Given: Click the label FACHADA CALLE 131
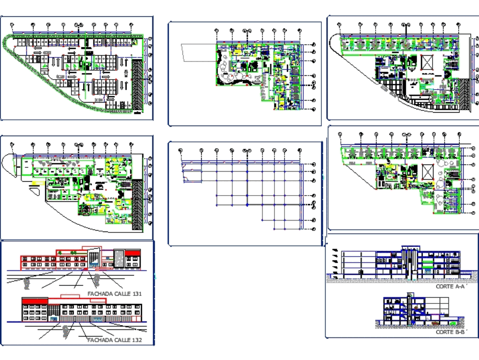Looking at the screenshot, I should pyautogui.click(x=114, y=293).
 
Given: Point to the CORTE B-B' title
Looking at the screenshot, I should pyautogui.click(x=450, y=332).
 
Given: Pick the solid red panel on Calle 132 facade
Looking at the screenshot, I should pyautogui.click(x=35, y=300).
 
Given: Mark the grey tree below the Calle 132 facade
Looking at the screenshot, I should pyautogui.click(x=65, y=329).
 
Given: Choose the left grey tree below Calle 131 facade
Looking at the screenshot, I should pyautogui.click(x=26, y=283).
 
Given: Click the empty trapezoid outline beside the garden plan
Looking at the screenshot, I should pyautogui.click(x=196, y=52).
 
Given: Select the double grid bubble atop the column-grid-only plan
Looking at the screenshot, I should pyautogui.click(x=247, y=151).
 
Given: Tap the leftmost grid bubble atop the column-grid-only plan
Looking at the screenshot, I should pyautogui.click(x=181, y=151).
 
